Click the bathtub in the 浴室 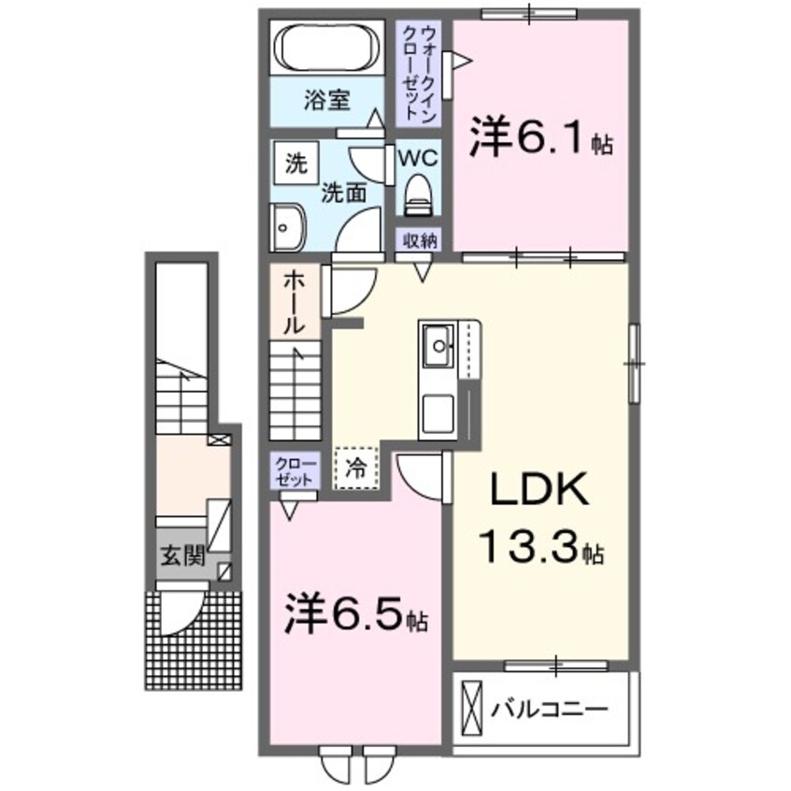tap(327, 48)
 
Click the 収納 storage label tap(421, 239)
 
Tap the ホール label tap(294, 301)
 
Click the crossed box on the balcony tap(472, 710)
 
